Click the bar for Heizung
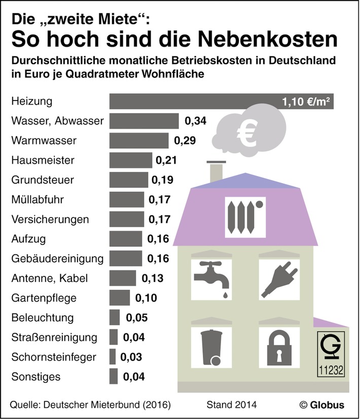(x=193, y=101)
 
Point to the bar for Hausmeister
(x=131, y=160)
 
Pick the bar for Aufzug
(x=126, y=239)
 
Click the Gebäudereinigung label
(x=57, y=259)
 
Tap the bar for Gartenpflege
(x=120, y=298)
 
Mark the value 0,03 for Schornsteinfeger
(x=131, y=357)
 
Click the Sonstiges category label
(x=35, y=377)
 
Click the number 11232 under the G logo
(x=332, y=370)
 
